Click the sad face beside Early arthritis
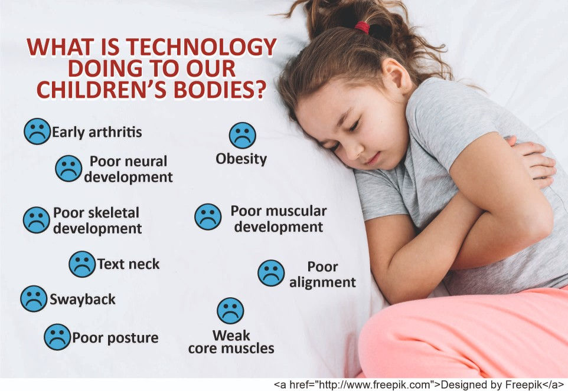(37, 131)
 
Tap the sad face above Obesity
(243, 135)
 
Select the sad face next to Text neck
(82, 264)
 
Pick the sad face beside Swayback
(34, 299)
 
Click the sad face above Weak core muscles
(230, 311)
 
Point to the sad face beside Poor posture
(57, 337)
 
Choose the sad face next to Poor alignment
(271, 273)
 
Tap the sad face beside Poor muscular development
(208, 216)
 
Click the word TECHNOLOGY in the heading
(203, 48)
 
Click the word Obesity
(241, 159)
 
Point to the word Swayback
(83, 300)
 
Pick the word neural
(147, 162)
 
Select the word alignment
(322, 282)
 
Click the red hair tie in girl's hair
(362, 27)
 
